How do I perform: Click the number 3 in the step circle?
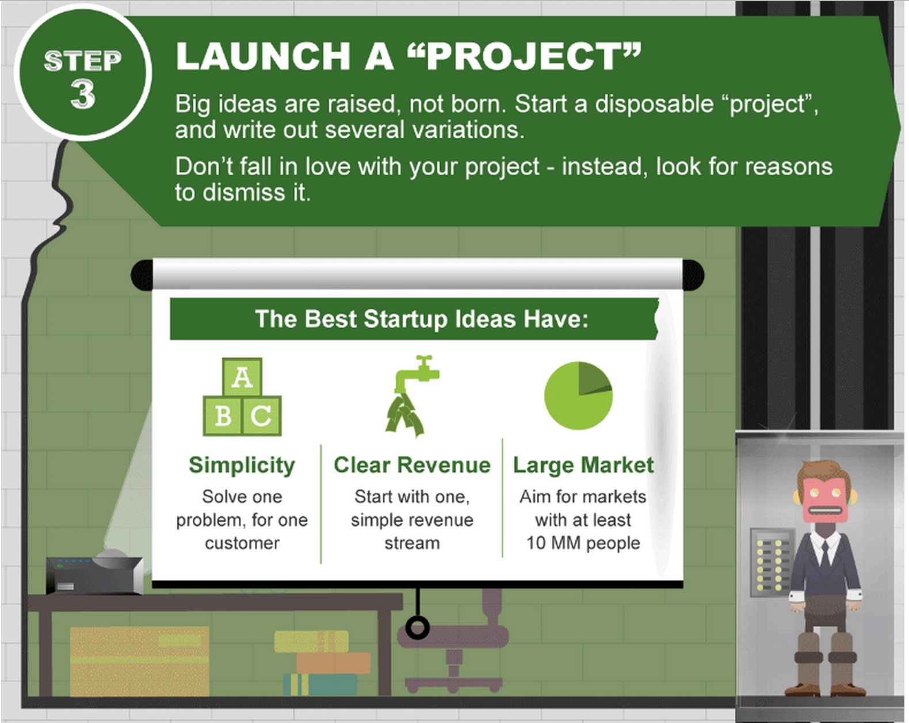[83, 94]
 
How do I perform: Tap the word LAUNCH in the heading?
[263, 56]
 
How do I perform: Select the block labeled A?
[242, 377]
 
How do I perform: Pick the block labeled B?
[223, 416]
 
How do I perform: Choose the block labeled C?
[262, 416]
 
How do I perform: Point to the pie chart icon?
[578, 395]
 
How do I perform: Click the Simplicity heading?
[242, 466]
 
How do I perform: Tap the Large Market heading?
[583, 465]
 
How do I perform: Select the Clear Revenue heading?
[413, 465]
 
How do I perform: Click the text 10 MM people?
[583, 543]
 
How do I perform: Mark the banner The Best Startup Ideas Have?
[414, 318]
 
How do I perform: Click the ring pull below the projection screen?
[418, 628]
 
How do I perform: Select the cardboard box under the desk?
[139, 661]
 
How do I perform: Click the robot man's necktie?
[825, 553]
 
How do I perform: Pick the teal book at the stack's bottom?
[320, 684]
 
